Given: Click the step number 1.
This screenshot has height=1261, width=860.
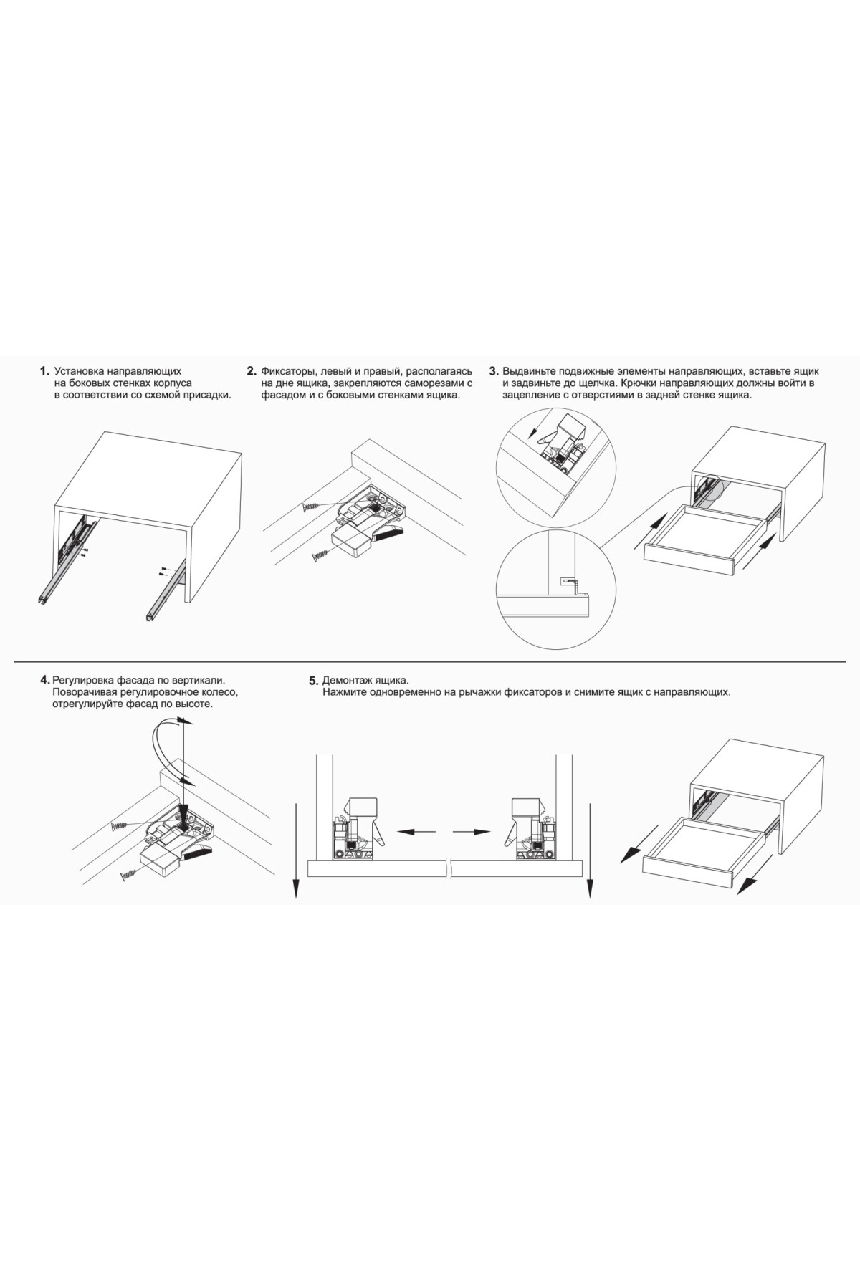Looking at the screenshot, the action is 44,372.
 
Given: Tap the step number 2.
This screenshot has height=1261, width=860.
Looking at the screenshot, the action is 252,371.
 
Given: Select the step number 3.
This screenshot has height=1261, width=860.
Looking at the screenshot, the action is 493,371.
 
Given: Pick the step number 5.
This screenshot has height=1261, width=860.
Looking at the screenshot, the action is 313,680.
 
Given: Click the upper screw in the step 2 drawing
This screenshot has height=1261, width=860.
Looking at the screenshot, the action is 314,506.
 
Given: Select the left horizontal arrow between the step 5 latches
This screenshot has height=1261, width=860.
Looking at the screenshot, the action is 417,832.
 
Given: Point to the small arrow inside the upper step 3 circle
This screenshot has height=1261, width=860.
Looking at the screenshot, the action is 537,431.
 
